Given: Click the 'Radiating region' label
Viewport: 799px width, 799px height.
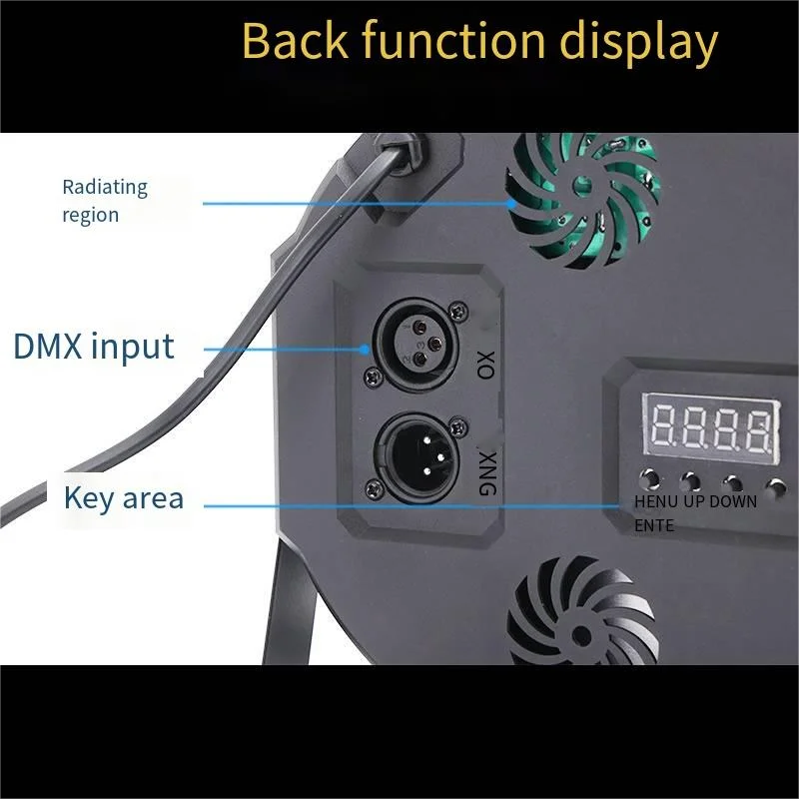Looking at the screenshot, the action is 104,201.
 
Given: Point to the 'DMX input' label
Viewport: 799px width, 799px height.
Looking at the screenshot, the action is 94,347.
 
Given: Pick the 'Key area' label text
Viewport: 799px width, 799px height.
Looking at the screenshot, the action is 124,497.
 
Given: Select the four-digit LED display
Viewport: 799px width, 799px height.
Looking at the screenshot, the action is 710,425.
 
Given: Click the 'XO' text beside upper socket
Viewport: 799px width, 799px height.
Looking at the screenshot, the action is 487,365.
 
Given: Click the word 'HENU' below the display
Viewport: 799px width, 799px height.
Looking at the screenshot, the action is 656,501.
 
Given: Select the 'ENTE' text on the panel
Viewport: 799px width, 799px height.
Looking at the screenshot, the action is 654,525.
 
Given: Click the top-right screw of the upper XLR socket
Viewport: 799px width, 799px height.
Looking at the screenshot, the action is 457,308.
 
